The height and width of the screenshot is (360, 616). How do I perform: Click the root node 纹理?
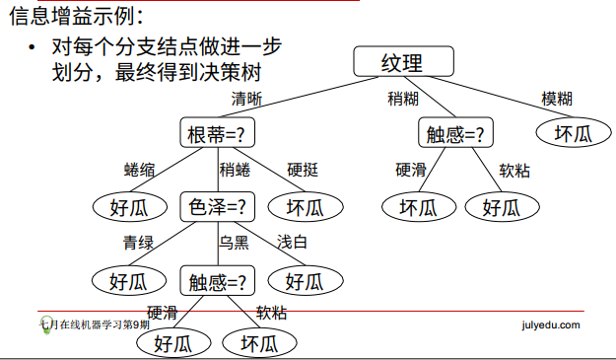tap(402, 62)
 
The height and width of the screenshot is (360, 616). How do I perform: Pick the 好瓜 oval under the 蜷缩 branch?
tap(128, 207)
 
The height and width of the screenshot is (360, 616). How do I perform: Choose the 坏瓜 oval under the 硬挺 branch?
tap(304, 207)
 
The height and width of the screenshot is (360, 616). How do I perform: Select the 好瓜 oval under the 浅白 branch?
tap(304, 280)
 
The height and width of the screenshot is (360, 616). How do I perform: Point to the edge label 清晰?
tap(247, 99)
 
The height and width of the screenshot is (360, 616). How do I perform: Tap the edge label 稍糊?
tap(403, 99)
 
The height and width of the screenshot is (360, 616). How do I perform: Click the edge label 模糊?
tap(557, 99)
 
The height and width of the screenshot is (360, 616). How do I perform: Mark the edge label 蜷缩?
tap(140, 170)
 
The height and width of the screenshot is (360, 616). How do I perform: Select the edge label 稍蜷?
tap(235, 170)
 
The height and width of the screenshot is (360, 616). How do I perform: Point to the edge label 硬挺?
tap(303, 170)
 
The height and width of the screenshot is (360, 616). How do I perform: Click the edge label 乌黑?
tap(235, 243)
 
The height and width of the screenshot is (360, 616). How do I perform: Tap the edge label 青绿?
tap(138, 243)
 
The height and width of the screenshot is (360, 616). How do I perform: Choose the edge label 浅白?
tap(292, 242)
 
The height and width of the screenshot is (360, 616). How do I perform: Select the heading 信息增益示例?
tap(75, 16)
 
